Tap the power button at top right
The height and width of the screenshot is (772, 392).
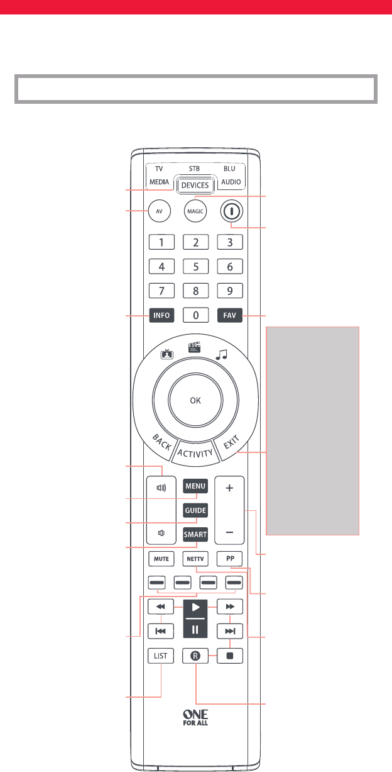(x=231, y=211)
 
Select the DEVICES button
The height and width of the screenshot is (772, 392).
(x=195, y=185)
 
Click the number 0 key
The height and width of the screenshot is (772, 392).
(x=195, y=315)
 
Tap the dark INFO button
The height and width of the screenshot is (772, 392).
(x=161, y=315)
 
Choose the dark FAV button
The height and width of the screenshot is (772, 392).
(x=230, y=315)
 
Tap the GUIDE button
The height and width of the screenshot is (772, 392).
(x=195, y=510)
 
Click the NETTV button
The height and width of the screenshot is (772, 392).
(x=195, y=557)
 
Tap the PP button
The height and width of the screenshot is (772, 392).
(x=229, y=557)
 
